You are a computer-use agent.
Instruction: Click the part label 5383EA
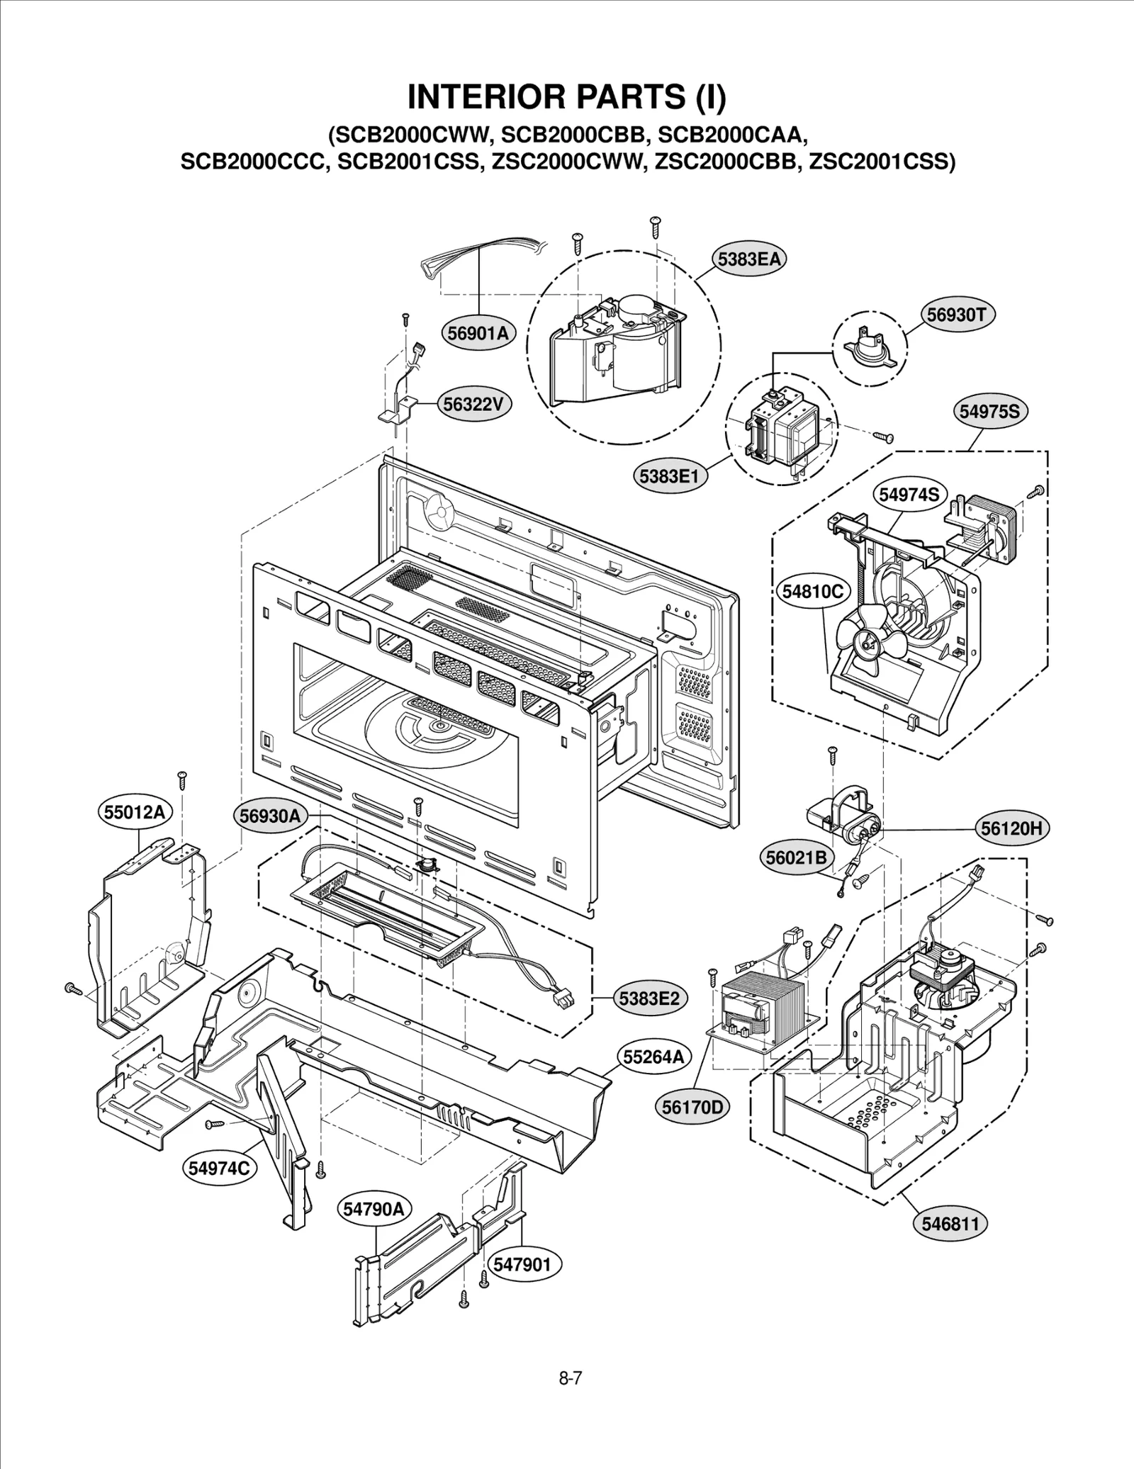point(748,259)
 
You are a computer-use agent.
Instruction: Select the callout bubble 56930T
point(956,314)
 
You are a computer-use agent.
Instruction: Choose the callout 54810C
point(813,591)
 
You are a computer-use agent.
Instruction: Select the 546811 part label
point(950,1224)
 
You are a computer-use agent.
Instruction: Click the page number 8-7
point(570,1378)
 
